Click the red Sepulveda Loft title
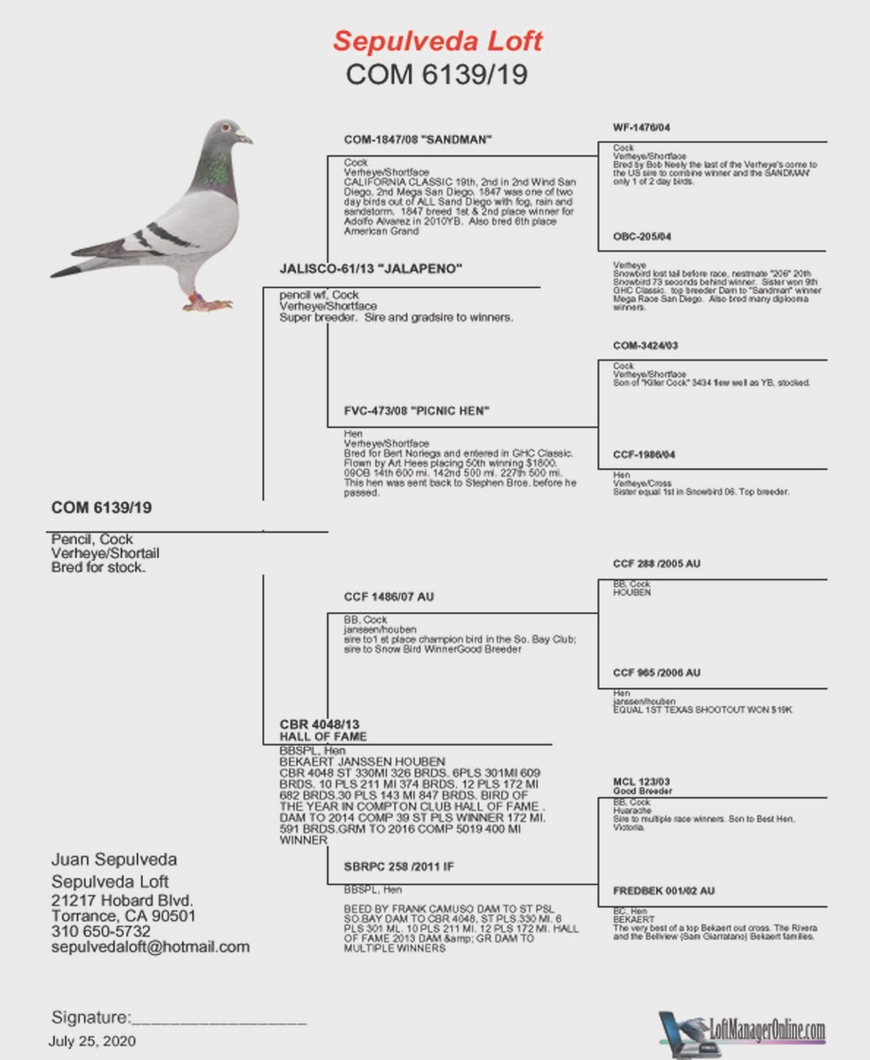437,40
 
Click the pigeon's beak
245,138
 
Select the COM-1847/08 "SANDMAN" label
417,140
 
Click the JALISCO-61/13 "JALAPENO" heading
371,269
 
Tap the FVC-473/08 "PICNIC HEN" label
416,411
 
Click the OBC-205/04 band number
642,237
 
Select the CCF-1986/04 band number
646,455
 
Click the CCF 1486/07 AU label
389,597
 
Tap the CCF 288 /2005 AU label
656,564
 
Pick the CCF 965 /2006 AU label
656,673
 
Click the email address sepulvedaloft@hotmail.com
150,947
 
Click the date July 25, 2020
93,1041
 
